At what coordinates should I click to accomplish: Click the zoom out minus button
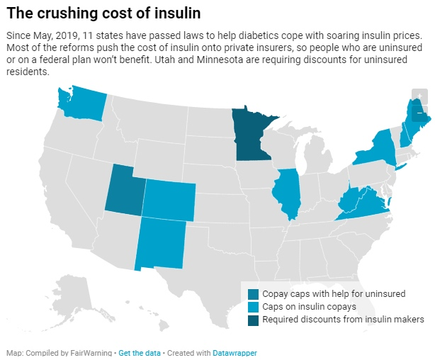click(420, 112)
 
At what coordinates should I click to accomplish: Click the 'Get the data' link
click(138, 352)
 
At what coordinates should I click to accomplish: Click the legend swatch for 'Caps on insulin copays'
click(253, 307)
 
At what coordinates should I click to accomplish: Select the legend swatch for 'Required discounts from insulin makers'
click(253, 320)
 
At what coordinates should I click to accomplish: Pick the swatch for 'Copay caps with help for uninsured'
click(253, 294)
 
